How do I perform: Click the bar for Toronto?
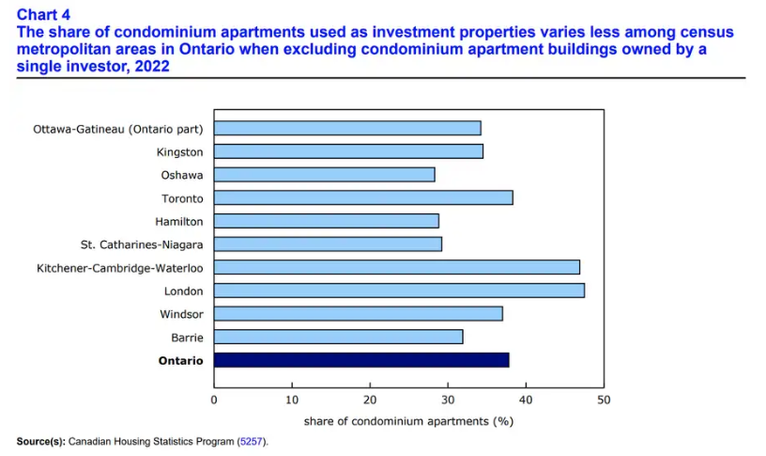pyautogui.click(x=363, y=197)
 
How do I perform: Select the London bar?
pyautogui.click(x=399, y=291)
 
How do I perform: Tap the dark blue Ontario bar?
pyautogui.click(x=361, y=360)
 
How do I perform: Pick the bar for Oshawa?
pyautogui.click(x=324, y=174)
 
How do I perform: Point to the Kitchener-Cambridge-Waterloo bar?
pyautogui.click(x=396, y=267)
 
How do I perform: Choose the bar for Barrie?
pyautogui.click(x=338, y=337)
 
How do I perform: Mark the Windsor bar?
pyautogui.click(x=358, y=313)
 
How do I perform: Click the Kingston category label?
pyautogui.click(x=180, y=151)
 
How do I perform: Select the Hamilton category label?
pyautogui.click(x=179, y=221)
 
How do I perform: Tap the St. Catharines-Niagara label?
pyautogui.click(x=141, y=244)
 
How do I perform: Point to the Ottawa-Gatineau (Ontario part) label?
pyautogui.click(x=118, y=128)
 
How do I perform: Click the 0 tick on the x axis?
pyautogui.click(x=214, y=400)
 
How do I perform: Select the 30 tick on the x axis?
pyautogui.click(x=448, y=400)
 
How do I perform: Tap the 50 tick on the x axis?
pyautogui.click(x=604, y=400)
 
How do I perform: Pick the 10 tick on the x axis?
pyautogui.click(x=292, y=400)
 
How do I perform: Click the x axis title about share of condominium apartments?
pyautogui.click(x=408, y=420)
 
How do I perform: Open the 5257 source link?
pyautogui.click(x=251, y=441)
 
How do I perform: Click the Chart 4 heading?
pyautogui.click(x=43, y=14)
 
